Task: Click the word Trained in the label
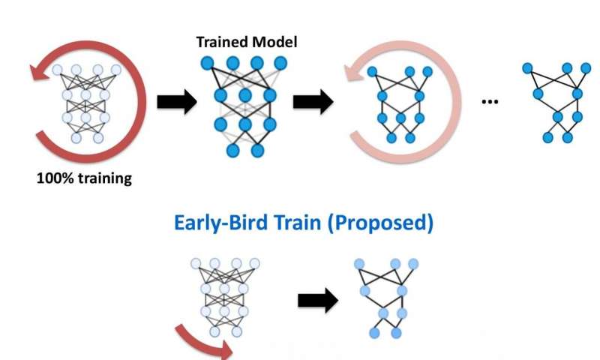(x=221, y=42)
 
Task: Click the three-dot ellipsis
(x=490, y=100)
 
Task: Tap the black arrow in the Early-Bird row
(x=317, y=299)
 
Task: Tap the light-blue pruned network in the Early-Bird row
(x=387, y=298)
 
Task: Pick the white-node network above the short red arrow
(x=224, y=297)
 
